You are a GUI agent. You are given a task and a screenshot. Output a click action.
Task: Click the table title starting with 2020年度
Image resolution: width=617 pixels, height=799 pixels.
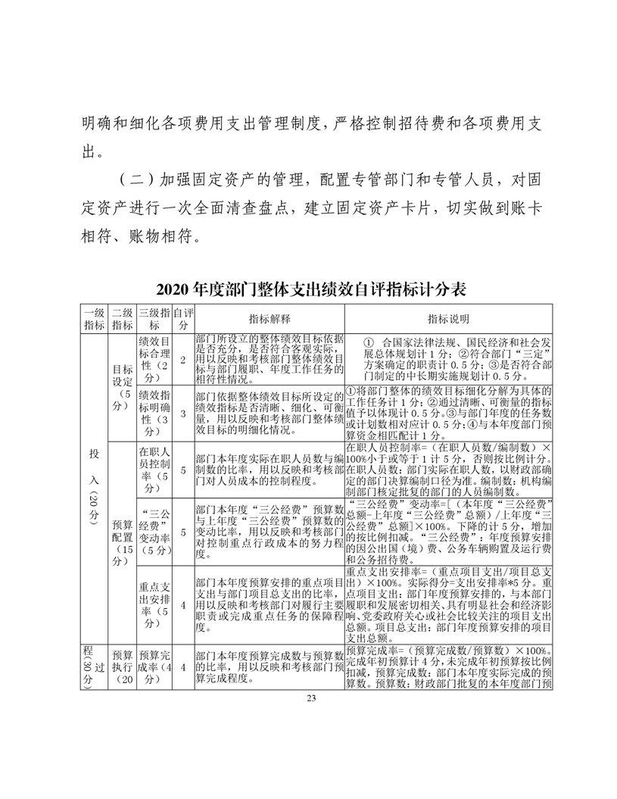(310, 289)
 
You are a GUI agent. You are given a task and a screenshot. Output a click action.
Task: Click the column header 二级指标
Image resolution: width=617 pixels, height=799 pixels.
(121, 319)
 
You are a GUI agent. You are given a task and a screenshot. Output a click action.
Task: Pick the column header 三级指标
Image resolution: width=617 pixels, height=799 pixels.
(154, 319)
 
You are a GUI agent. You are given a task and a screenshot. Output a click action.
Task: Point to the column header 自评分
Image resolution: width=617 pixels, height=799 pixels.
(182, 319)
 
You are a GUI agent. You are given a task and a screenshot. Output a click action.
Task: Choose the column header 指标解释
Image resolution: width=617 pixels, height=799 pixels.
(270, 319)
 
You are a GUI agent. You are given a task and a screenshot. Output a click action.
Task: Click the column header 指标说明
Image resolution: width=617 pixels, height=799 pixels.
(449, 319)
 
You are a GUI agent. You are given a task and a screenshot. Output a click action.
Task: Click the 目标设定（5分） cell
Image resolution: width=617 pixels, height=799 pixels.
(121, 386)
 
